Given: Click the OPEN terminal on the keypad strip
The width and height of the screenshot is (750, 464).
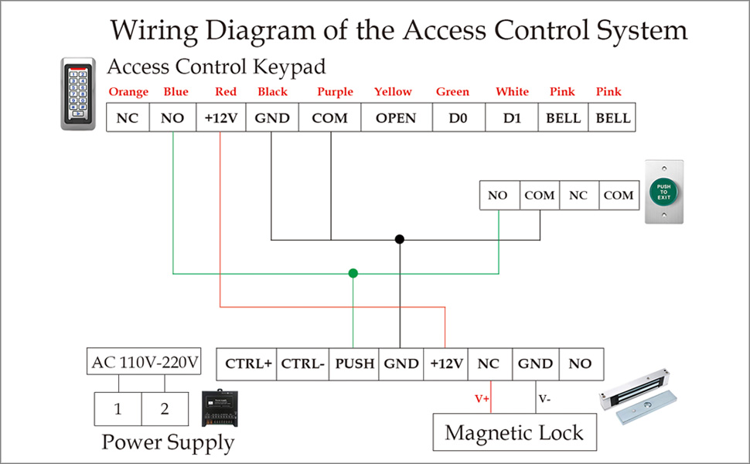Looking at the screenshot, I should coord(396,118).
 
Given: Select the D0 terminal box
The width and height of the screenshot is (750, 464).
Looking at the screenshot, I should coord(452,118).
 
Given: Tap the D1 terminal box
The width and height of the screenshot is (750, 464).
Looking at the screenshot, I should coord(513,118).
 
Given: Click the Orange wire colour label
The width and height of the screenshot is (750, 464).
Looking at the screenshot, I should coord(128,92).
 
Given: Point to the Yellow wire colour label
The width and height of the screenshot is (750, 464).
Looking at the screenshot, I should coord(393,92).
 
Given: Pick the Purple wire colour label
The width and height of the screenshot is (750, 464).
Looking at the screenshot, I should coord(335,92).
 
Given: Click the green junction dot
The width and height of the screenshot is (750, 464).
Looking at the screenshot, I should coord(353,273).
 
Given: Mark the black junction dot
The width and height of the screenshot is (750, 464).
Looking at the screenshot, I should coord(400,239).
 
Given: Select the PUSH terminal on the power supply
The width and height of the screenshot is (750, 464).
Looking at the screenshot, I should coord(355,363).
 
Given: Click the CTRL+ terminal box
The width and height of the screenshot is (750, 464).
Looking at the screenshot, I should coord(248,363).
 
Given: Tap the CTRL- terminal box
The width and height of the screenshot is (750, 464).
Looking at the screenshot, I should coord(302,363).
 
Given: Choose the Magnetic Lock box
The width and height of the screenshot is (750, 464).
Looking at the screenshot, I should coord(514,432).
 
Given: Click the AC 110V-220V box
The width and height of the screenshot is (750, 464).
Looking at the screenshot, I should coord(145,362).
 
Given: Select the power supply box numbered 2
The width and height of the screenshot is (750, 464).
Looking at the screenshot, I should coord(165,408).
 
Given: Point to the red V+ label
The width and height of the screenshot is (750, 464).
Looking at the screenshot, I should coord(482,399).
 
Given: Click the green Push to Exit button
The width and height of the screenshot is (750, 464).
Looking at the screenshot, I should coord(664,192).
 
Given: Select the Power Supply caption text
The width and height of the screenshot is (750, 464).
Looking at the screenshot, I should coord(168,443).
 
